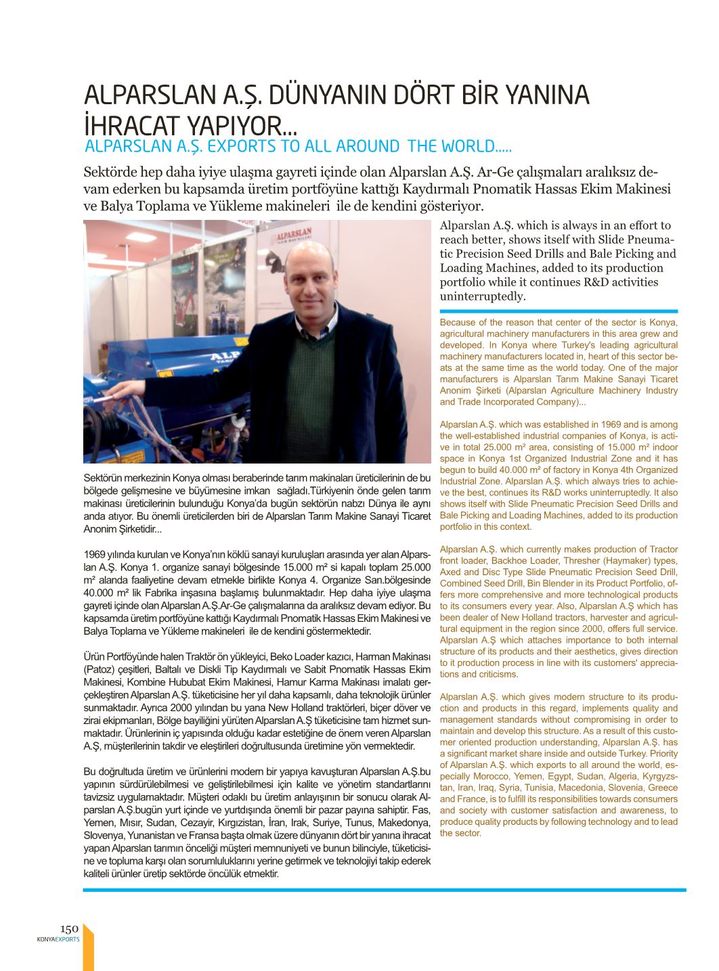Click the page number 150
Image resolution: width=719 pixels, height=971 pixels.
[70, 929]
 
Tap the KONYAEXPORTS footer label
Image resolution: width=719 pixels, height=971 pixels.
[58, 939]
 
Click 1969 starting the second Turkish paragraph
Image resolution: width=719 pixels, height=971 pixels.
[93, 555]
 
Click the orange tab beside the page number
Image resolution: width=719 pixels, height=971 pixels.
[88, 947]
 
